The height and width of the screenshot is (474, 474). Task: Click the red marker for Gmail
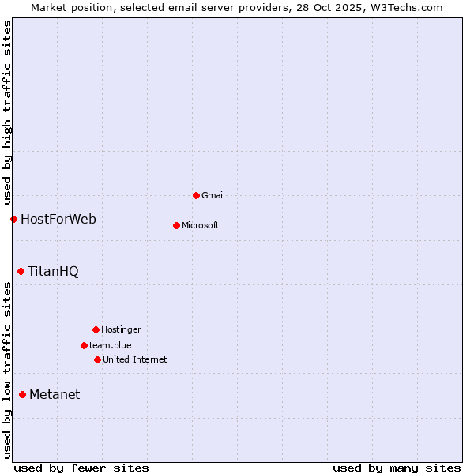[x=196, y=195]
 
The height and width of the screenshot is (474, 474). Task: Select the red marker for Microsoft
[x=176, y=225]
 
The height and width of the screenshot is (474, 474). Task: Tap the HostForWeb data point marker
[x=13, y=219]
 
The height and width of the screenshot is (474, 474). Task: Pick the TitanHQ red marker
[x=21, y=271]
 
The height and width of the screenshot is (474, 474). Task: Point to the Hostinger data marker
[x=96, y=329]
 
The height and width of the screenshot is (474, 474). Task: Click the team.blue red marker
[x=84, y=345]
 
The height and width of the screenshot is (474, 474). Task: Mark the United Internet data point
[x=97, y=359]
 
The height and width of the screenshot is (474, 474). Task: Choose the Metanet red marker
[x=22, y=394]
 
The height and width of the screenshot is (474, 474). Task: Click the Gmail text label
[x=213, y=195]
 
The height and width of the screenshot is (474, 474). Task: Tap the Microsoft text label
[x=201, y=225]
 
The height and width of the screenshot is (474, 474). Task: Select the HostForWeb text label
[x=58, y=219]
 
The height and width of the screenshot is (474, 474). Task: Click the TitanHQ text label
[x=53, y=271]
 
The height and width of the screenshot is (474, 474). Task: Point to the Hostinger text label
[x=121, y=329]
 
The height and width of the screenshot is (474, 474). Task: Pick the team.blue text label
[x=111, y=345]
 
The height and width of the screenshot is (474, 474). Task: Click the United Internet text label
[x=135, y=359]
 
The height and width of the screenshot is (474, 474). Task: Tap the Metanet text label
[x=55, y=394]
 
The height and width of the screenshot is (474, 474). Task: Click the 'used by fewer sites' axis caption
[x=81, y=468]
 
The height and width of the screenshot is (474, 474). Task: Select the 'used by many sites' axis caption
[x=397, y=468]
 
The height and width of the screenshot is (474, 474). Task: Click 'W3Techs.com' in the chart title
[x=404, y=7]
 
